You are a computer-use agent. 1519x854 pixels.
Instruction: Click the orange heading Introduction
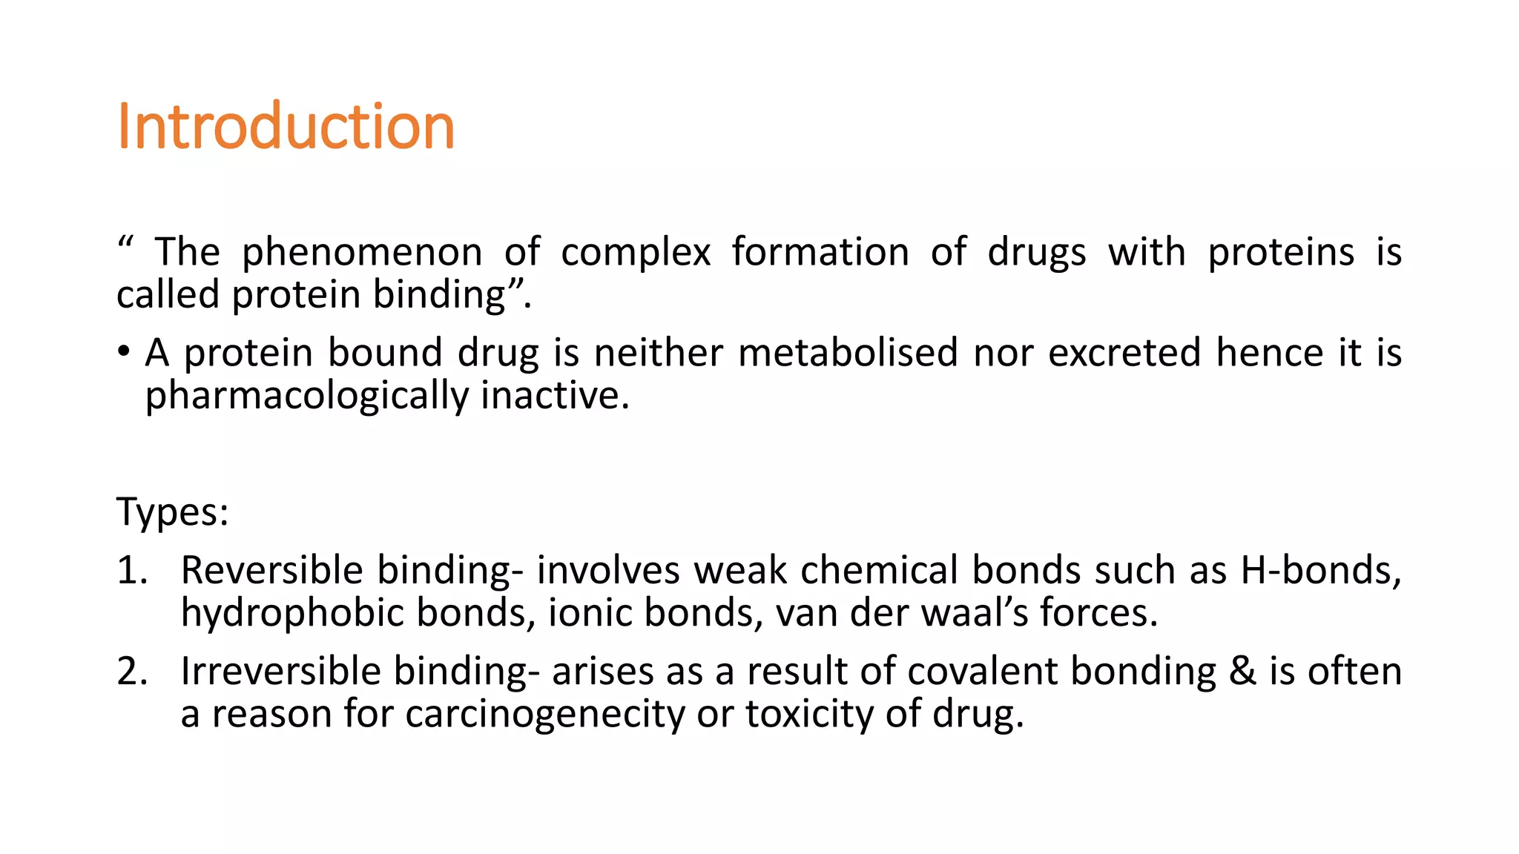coord(286,127)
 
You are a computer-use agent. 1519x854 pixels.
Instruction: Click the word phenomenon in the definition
coord(362,253)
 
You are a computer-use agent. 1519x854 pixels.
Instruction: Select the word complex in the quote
coord(636,253)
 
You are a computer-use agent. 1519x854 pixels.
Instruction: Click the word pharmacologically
coord(306,397)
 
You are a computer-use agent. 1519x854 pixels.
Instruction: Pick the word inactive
coord(555,395)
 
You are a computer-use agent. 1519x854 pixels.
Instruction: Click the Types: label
coord(173,512)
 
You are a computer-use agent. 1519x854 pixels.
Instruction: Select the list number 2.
coord(132,672)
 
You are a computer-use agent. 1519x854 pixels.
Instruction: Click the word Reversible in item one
coord(272,571)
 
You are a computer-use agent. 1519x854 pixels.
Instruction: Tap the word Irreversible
coord(280,672)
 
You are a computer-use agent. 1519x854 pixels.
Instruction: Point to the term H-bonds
coord(1320,571)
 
